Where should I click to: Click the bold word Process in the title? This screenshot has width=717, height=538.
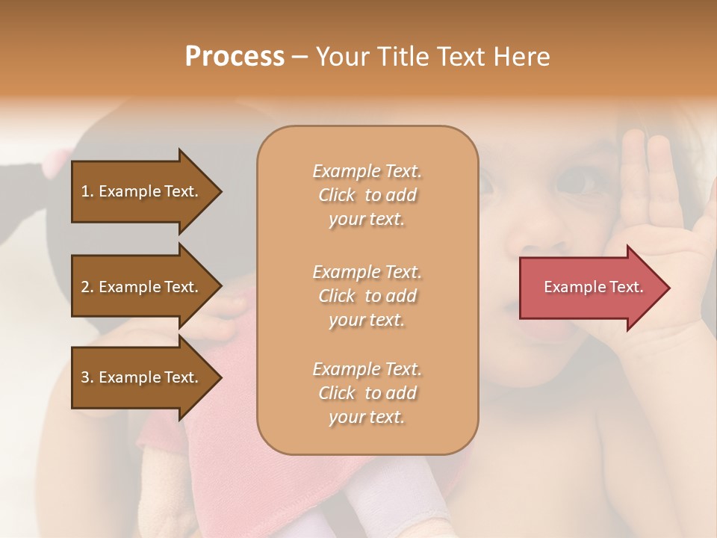(x=235, y=57)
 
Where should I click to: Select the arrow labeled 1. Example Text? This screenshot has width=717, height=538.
(x=142, y=191)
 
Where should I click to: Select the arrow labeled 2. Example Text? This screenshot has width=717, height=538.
(x=142, y=287)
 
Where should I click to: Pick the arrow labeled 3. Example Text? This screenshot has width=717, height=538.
(x=142, y=377)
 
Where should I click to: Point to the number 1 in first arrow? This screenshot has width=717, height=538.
(x=85, y=191)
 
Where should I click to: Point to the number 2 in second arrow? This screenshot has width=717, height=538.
(x=85, y=287)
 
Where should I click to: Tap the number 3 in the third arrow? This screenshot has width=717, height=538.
(x=85, y=377)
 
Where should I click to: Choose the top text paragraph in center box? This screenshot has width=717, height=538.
(x=367, y=195)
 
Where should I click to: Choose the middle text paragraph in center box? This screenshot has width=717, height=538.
(x=367, y=296)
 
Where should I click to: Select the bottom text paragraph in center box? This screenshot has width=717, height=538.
(x=367, y=393)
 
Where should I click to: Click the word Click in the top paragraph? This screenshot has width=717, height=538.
(x=336, y=196)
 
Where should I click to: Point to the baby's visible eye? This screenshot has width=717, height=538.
(x=576, y=180)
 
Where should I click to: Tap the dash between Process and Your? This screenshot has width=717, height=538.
(x=300, y=58)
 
